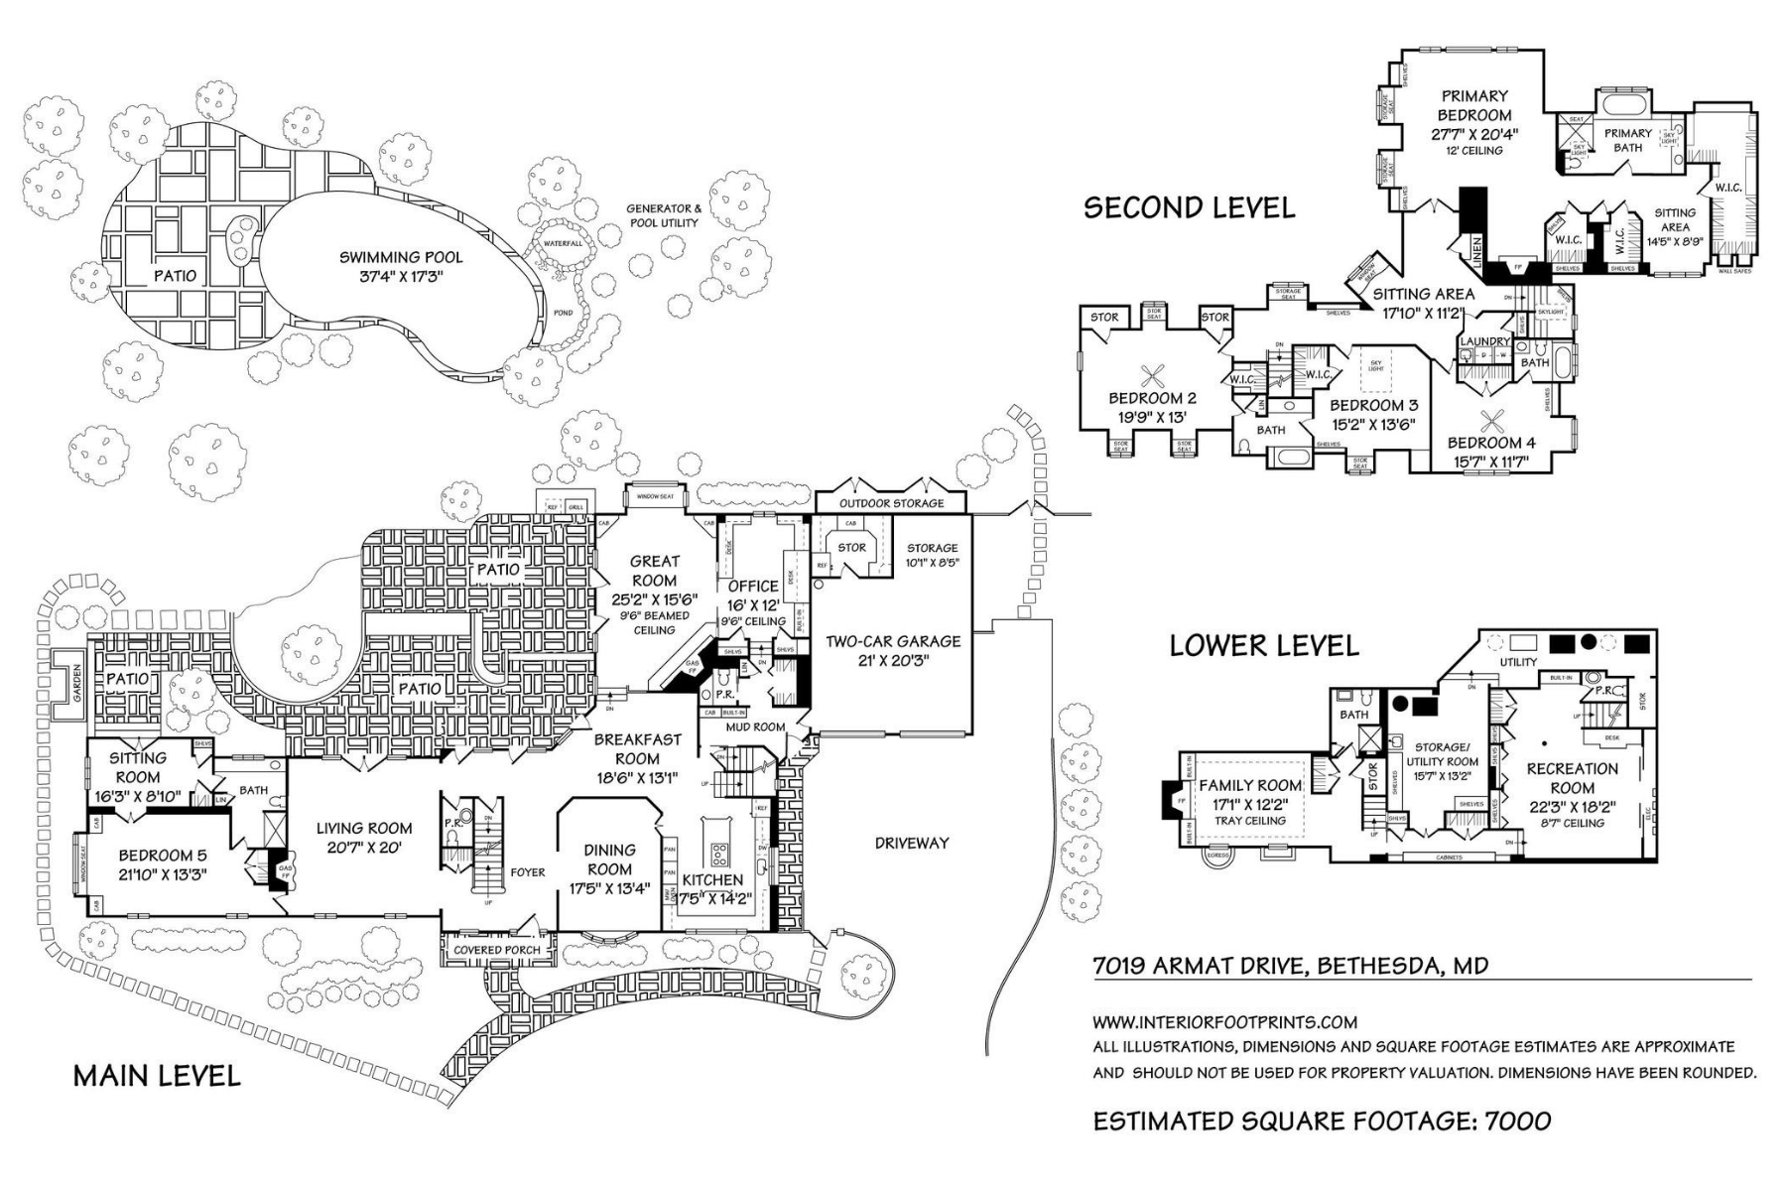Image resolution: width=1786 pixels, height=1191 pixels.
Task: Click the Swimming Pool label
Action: [x=401, y=257]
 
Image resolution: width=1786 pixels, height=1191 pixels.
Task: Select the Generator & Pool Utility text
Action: [x=663, y=215]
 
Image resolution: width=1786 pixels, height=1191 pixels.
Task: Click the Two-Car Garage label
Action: [x=893, y=641]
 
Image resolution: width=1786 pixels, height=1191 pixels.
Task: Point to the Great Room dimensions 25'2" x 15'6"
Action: [x=655, y=598]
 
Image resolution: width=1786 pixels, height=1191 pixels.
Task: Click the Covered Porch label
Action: [x=497, y=950]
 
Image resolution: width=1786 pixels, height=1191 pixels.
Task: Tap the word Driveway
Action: [x=911, y=843]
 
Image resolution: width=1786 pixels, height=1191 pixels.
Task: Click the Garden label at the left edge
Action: [x=76, y=683]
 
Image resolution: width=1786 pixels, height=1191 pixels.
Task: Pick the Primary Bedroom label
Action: [x=1474, y=105]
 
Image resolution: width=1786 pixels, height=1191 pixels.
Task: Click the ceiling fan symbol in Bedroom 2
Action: [x=1153, y=376]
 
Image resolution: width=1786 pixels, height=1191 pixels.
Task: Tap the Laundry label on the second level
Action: [x=1484, y=342]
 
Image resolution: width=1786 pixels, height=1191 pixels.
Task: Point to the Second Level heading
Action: [x=1189, y=207]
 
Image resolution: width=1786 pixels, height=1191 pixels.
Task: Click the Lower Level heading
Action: [x=1263, y=646]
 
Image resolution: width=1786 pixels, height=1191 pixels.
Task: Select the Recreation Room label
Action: [x=1572, y=778]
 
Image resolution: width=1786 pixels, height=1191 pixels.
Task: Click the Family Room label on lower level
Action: [x=1250, y=786]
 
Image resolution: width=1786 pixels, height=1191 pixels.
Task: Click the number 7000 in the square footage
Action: [x=1517, y=1121]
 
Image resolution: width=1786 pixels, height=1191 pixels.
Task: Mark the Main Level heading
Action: [x=157, y=1076]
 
